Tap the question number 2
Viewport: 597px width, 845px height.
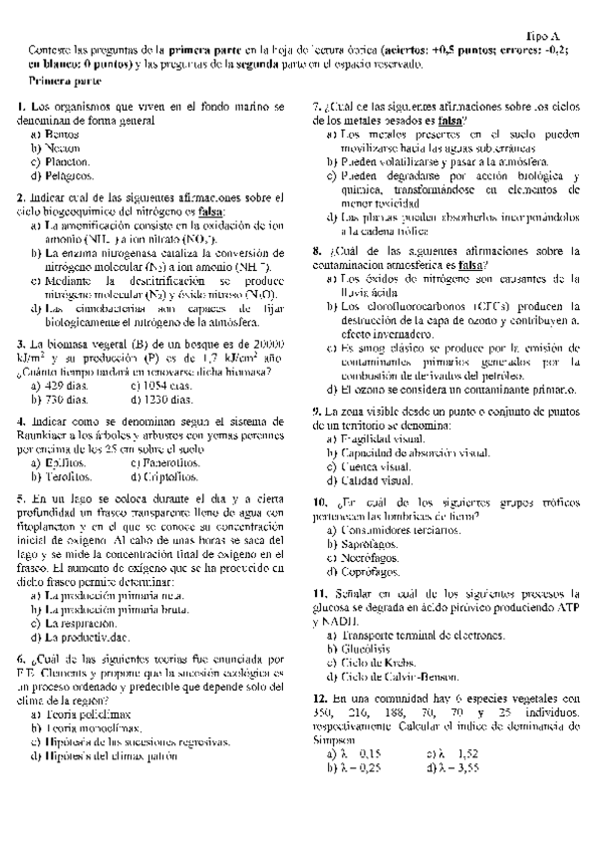(20, 197)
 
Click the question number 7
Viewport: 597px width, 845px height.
(316, 107)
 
